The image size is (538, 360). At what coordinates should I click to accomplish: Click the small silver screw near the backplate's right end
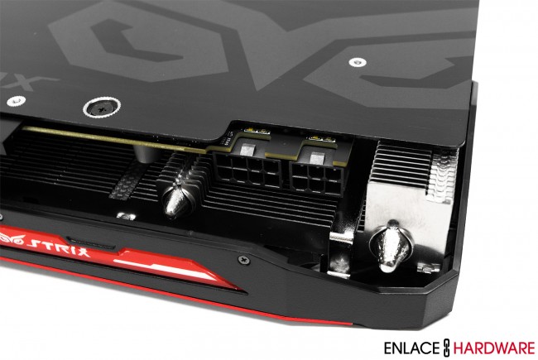(357, 62)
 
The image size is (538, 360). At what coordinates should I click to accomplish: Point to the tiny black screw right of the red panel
(243, 259)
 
